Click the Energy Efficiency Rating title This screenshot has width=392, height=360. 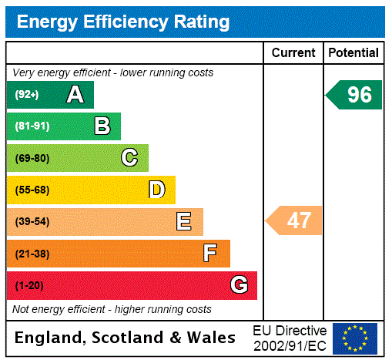click(x=123, y=22)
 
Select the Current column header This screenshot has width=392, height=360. click(x=293, y=53)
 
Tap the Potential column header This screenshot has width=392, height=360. click(x=353, y=53)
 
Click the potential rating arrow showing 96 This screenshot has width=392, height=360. click(x=355, y=95)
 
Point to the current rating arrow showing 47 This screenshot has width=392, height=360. click(x=295, y=221)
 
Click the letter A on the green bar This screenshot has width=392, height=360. click(x=75, y=95)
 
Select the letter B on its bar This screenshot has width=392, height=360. click(x=102, y=126)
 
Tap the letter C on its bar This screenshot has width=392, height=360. click(x=129, y=158)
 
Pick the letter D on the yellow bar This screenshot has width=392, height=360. click(x=156, y=190)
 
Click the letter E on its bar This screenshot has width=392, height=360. click(x=184, y=222)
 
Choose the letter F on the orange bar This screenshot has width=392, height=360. click(x=210, y=254)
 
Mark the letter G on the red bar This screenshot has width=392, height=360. click(x=239, y=285)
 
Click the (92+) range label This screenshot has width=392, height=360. click(x=26, y=95)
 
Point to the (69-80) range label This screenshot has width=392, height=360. click(x=32, y=159)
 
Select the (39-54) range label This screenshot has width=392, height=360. click(x=32, y=222)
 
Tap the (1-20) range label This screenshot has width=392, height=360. click(x=29, y=286)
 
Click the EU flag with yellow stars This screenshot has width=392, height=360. click(x=355, y=338)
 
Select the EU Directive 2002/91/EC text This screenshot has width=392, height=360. click(x=290, y=338)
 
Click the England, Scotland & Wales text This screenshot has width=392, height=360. click(x=126, y=338)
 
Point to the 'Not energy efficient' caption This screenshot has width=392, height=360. click(x=112, y=309)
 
